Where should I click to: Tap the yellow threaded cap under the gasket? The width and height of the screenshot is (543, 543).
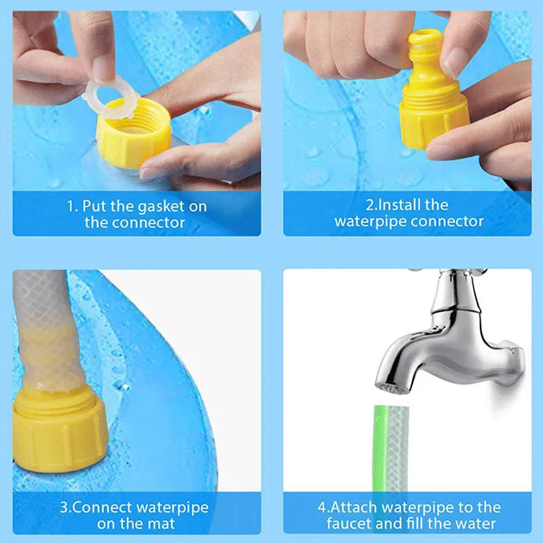(x=132, y=139)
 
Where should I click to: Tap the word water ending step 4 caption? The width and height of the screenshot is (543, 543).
(x=476, y=523)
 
